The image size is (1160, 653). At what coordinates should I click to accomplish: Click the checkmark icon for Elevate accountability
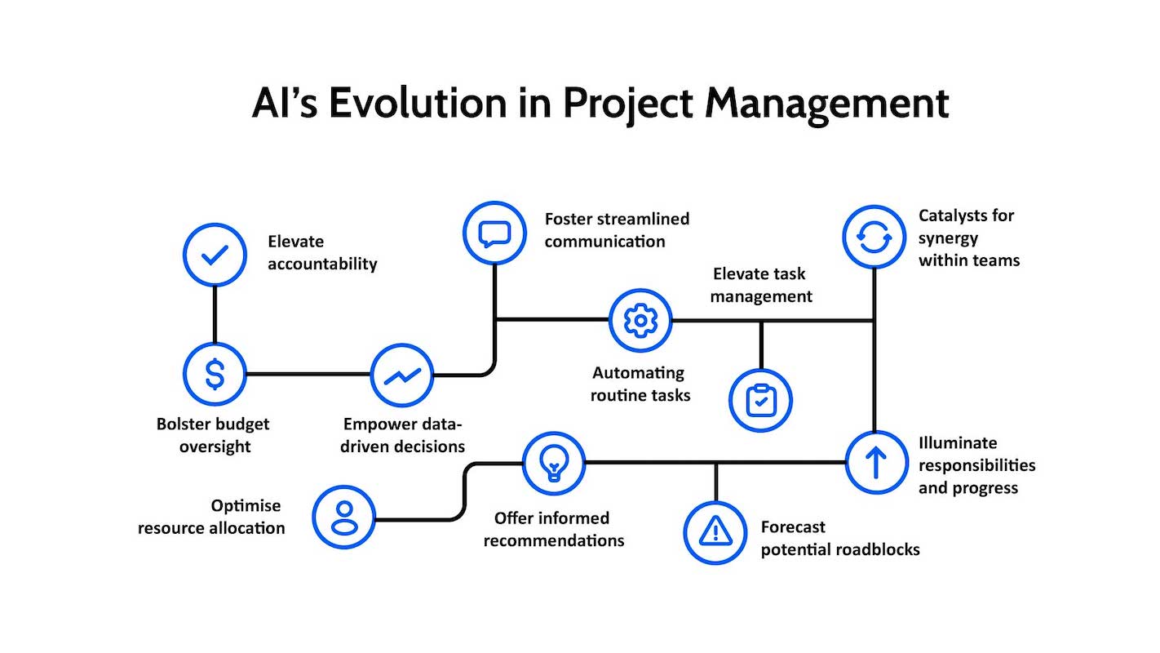coord(215,255)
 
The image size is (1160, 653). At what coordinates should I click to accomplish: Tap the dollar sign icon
coord(215,374)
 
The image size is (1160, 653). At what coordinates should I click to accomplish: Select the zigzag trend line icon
coord(402,375)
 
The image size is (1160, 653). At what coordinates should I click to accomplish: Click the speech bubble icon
coord(494,233)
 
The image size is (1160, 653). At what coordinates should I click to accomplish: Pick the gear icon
coord(640,320)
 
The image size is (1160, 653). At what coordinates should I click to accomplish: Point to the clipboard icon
coord(760,400)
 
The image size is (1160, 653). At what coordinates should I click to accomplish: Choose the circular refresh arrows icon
coord(874,237)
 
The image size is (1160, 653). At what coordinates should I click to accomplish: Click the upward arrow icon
coord(875,462)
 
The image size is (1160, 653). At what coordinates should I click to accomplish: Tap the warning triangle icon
coord(715,532)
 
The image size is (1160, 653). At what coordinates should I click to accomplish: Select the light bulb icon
coord(553,463)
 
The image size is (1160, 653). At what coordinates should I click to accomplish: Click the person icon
coord(343,516)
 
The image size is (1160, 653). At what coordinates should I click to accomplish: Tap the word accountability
coord(322,264)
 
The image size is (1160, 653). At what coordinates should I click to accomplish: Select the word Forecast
coord(793,527)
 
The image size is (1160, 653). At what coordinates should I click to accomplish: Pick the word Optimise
coord(246,505)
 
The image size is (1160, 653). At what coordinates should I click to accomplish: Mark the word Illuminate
coord(958,443)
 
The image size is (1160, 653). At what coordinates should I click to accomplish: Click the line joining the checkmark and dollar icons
coord(215,314)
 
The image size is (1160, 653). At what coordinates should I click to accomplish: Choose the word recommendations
coord(553,540)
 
